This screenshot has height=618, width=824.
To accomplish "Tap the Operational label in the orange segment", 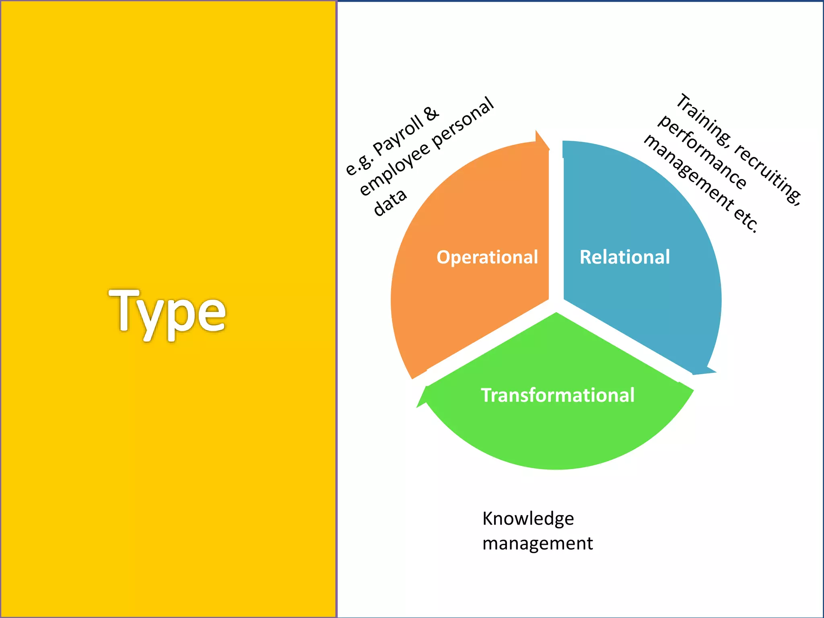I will tap(487, 257).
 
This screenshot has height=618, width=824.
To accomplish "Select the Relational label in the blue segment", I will tap(624, 257).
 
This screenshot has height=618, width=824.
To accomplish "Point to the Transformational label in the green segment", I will tap(558, 395).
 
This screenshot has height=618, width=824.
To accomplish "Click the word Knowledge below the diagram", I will tap(528, 519).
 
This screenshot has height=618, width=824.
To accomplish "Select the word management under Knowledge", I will tap(538, 544).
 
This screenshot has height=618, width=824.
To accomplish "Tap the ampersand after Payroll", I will tap(431, 113).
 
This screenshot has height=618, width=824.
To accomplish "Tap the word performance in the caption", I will tap(702, 152).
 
